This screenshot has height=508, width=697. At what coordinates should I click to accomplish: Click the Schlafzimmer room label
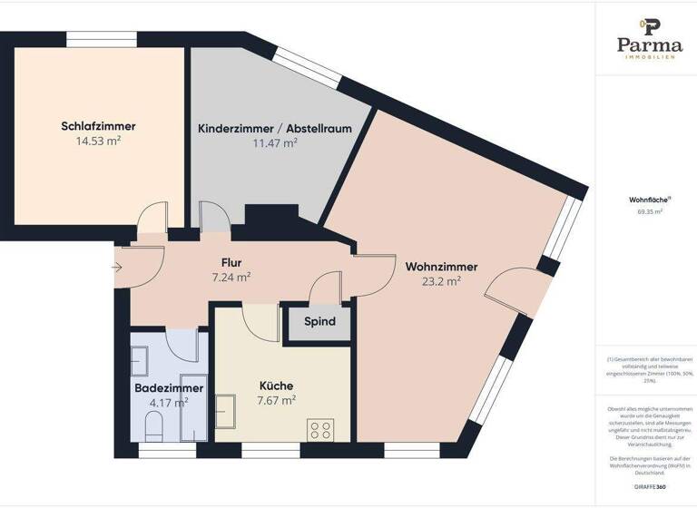[x=99, y=126]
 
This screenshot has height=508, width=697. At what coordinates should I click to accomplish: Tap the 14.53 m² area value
[x=99, y=141]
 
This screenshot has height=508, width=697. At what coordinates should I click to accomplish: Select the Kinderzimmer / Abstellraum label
[x=275, y=129]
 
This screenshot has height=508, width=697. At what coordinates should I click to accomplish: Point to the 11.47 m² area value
[x=275, y=143]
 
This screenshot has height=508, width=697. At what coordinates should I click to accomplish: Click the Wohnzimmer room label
[x=442, y=267]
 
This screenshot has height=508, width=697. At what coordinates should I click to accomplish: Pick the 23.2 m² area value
[x=442, y=281]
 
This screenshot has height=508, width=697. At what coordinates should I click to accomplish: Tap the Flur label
[x=231, y=263]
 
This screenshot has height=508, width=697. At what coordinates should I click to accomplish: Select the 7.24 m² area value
[x=231, y=278]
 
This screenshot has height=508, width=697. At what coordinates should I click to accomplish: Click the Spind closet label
[x=319, y=322]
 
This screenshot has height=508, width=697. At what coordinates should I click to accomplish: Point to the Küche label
[x=276, y=385]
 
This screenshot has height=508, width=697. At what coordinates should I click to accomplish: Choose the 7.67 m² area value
[x=276, y=399]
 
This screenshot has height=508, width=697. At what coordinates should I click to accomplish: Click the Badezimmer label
[x=169, y=387]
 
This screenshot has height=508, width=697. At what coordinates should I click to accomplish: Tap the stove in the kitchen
[x=319, y=428]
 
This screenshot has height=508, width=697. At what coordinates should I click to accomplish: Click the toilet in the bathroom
[x=154, y=426]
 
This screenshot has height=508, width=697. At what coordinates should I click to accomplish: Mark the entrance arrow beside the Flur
[x=119, y=268]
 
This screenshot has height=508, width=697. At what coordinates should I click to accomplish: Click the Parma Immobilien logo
[x=649, y=41]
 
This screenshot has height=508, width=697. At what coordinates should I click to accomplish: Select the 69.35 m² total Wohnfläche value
[x=649, y=211]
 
